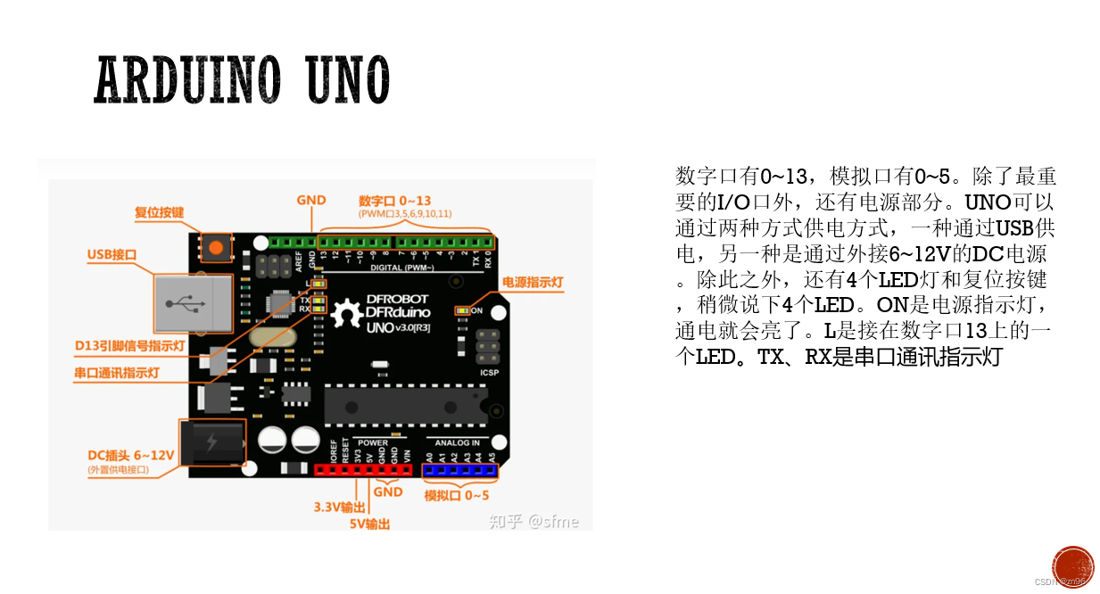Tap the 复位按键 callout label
click(159, 212)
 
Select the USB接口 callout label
click(112, 254)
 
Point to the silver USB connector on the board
click(188, 303)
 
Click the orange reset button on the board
click(215, 245)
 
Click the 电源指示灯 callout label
click(533, 283)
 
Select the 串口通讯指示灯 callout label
click(116, 373)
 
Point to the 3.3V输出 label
click(340, 507)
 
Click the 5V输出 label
click(369, 524)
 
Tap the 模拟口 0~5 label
click(456, 495)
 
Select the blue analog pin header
click(459, 470)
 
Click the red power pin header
click(366, 470)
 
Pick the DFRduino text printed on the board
click(397, 313)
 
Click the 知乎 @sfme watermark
click(533, 521)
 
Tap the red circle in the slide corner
click(1072, 567)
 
